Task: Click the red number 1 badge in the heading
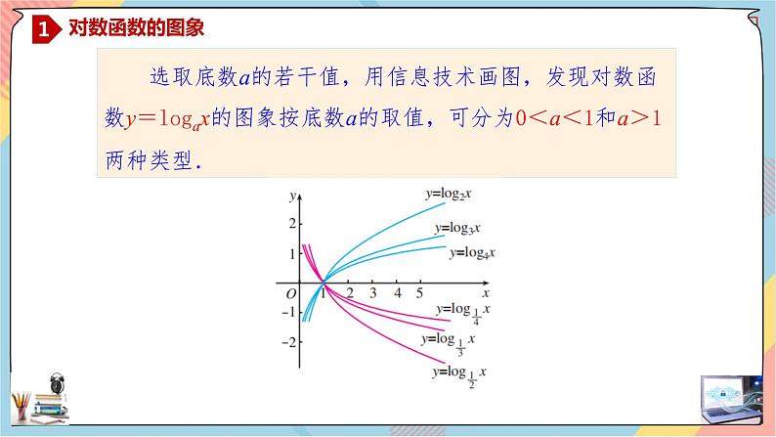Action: click(x=44, y=31)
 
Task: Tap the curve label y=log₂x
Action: click(x=449, y=194)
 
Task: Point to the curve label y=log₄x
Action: click(x=472, y=252)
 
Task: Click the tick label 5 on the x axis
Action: click(x=419, y=292)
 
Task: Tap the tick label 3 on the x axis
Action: click(x=373, y=292)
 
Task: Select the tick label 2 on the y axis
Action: click(x=290, y=224)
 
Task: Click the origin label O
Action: click(x=290, y=292)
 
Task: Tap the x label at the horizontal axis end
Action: click(x=486, y=291)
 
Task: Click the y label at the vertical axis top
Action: click(x=292, y=197)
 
